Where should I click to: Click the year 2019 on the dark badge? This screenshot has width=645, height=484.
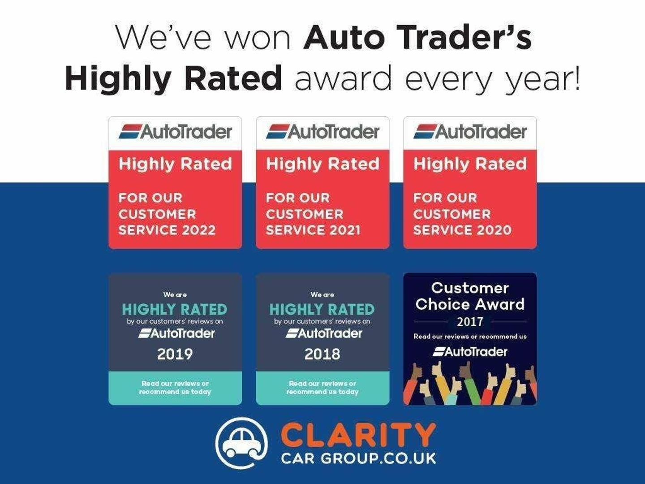pos(175,354)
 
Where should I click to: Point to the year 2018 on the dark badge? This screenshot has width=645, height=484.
pos(322,354)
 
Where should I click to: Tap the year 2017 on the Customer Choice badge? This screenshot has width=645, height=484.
pos(470,322)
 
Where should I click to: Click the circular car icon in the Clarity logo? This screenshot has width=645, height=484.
pos(241,444)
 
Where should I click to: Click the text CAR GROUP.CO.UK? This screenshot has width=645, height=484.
pos(358,458)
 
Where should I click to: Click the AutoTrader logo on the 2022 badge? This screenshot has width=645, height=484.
pos(176,132)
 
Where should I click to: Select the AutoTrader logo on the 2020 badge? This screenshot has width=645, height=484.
pos(470,132)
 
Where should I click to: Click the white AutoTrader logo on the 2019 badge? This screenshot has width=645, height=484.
pos(176,333)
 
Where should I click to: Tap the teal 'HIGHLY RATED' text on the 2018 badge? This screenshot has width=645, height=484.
pos(322,309)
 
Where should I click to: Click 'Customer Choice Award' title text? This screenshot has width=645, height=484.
pos(470,296)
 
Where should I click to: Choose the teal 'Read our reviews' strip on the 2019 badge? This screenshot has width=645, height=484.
pos(176,388)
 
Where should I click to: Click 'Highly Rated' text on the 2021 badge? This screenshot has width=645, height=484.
pos(322,164)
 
